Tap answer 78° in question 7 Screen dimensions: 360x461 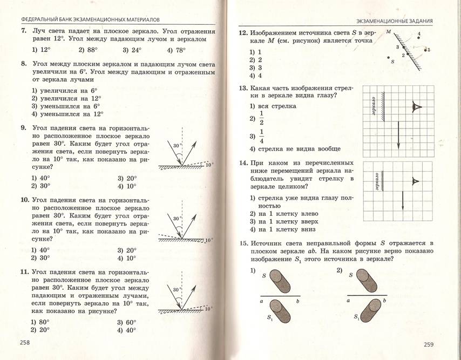pos(177,50)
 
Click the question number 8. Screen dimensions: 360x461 pos(24,63)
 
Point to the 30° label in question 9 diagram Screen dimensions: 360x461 pos(177,146)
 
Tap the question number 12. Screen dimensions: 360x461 pos(243,33)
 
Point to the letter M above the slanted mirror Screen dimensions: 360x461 pos(389,32)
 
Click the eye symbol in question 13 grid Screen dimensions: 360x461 pos(416,106)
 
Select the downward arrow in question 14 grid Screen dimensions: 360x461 pos(403,201)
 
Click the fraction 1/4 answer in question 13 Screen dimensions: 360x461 pos(263,136)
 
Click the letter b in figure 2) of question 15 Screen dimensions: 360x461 pos(384,301)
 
